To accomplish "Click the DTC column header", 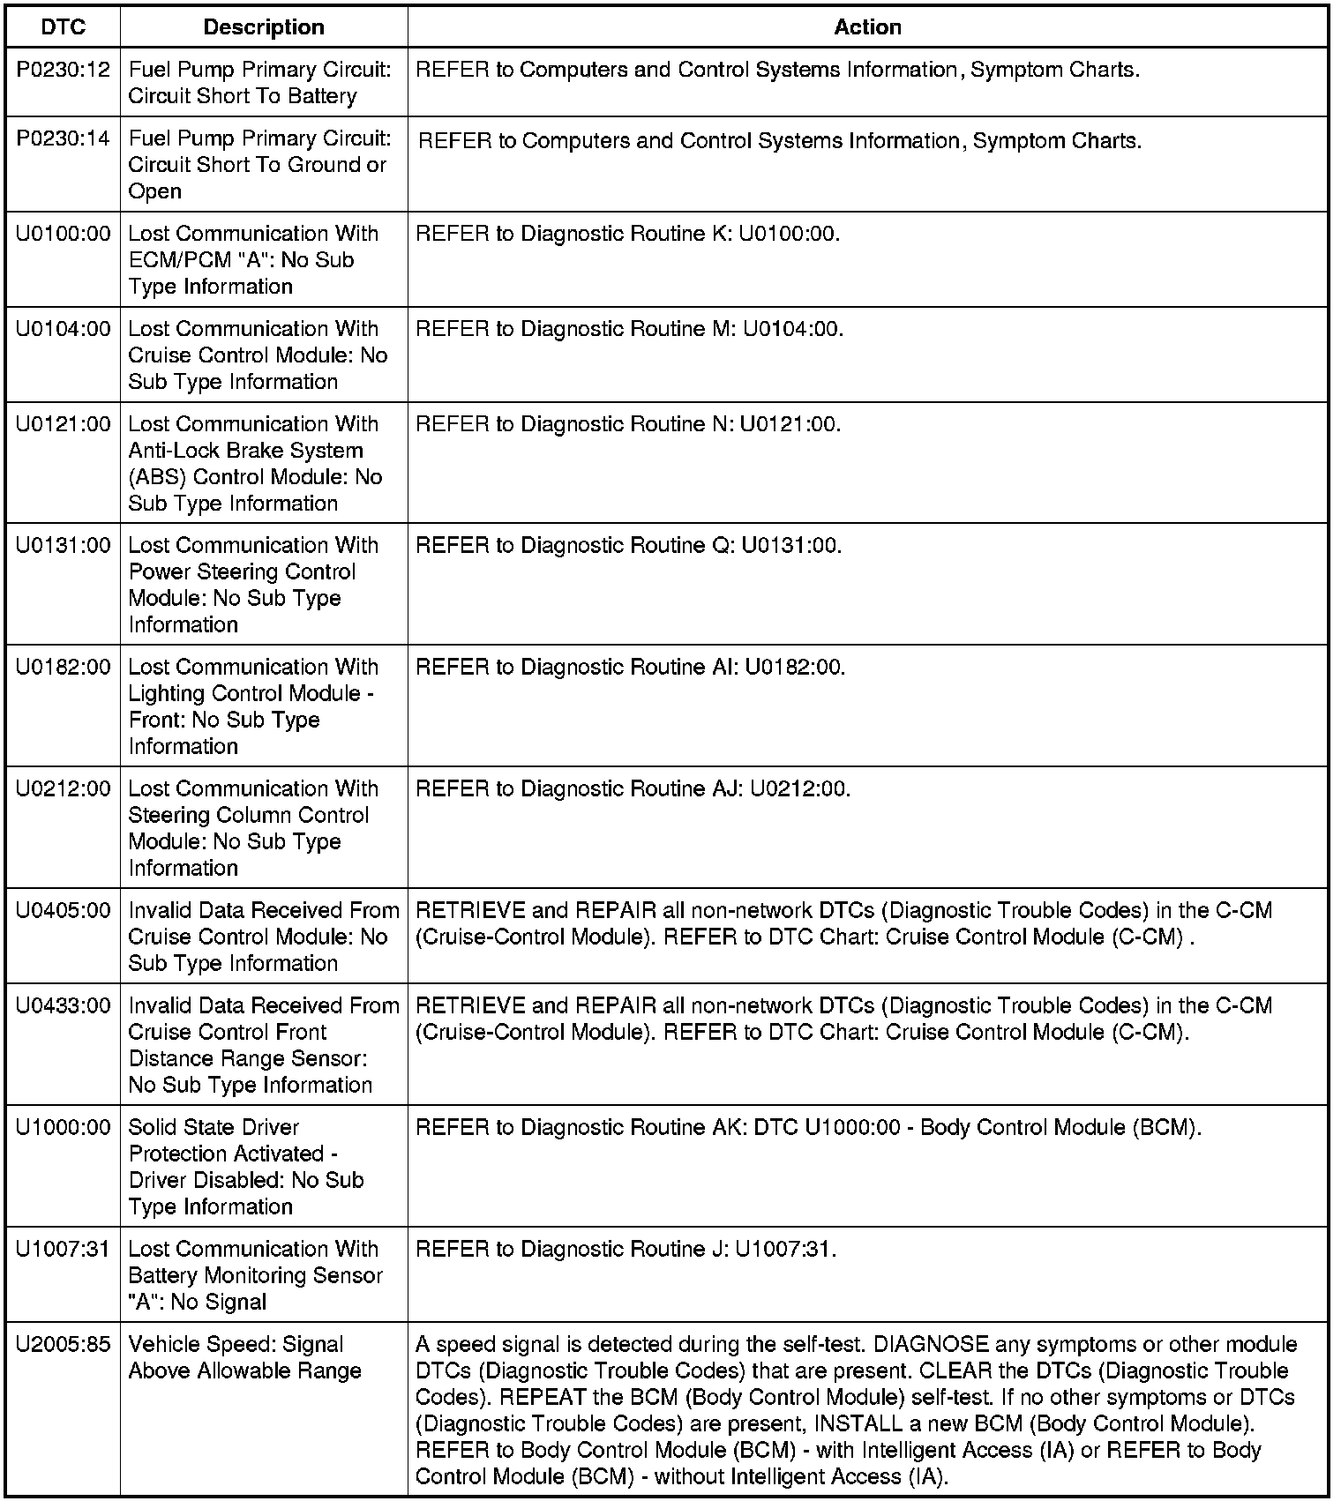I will [x=64, y=27].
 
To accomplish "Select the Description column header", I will [x=264, y=27].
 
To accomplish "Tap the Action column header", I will [x=867, y=27].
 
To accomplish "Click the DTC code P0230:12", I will [x=64, y=70].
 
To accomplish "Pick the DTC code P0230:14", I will [x=64, y=138].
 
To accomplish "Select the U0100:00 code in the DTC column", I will [x=64, y=234].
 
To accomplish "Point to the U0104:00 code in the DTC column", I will [x=64, y=329].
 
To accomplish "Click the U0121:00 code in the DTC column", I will [x=64, y=424].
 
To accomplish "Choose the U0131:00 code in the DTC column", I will [x=64, y=546].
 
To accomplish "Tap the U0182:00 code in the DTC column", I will [x=64, y=668].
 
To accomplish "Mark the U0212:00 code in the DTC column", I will [x=64, y=789].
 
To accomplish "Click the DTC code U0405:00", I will [x=64, y=911].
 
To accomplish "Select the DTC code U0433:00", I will [x=64, y=1006].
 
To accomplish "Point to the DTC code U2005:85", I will [x=64, y=1345].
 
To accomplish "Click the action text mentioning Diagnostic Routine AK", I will [x=808, y=1128].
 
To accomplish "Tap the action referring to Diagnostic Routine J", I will [x=626, y=1250].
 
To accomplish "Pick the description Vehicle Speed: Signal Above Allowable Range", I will [x=244, y=1358].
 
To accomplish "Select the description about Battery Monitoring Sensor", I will [x=255, y=1275].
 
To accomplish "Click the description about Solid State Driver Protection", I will [x=246, y=1167].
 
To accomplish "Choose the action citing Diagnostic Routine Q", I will [x=628, y=546].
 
